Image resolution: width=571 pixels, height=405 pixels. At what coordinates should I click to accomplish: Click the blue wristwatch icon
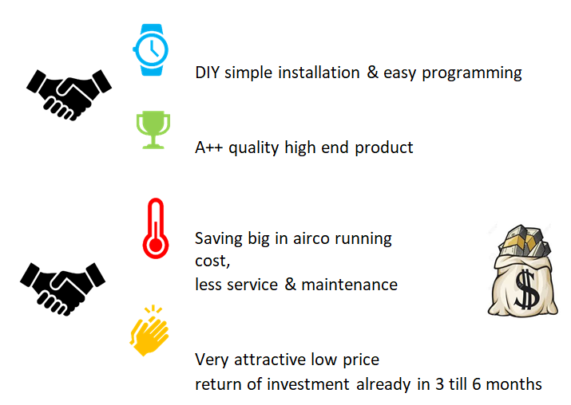(151, 49)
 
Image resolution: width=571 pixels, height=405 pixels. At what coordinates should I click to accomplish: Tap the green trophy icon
(153, 130)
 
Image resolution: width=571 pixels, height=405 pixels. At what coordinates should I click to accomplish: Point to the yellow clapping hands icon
(149, 330)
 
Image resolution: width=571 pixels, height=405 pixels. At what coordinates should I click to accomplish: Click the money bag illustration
(522, 270)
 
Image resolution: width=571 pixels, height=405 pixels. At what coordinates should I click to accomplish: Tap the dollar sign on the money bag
(526, 289)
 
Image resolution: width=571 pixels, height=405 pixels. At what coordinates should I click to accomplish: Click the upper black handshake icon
(69, 95)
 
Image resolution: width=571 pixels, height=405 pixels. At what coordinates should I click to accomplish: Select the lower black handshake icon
(62, 289)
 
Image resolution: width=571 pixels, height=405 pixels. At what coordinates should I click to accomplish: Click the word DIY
(207, 73)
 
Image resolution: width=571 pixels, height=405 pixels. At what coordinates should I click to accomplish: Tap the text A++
(208, 147)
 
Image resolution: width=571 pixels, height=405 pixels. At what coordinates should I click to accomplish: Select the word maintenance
(349, 285)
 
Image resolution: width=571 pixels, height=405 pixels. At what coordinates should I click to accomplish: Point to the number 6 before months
(477, 384)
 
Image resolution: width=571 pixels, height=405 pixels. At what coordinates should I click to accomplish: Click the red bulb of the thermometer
(156, 245)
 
